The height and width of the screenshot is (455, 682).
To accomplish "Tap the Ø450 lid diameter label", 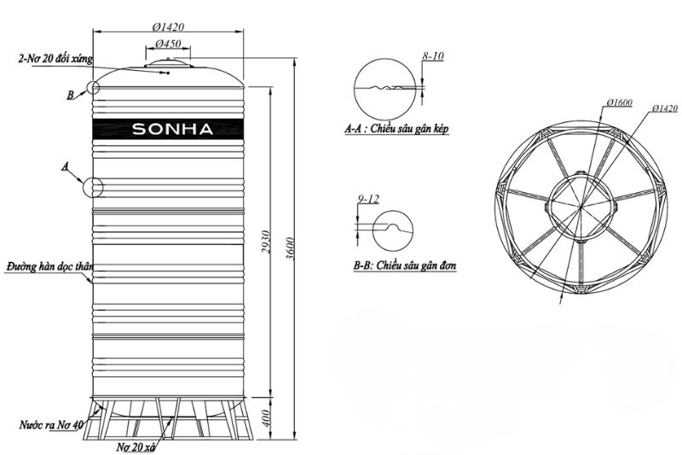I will click(167, 44).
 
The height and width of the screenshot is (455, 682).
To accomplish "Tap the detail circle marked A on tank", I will click(93, 187).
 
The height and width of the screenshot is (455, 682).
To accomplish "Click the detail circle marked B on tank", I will click(94, 88).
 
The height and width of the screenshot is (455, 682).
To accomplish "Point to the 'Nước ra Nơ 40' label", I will click(50, 424).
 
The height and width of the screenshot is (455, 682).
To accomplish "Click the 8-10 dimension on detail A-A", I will click(432, 57).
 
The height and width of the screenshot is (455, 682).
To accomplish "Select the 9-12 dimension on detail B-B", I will click(369, 200).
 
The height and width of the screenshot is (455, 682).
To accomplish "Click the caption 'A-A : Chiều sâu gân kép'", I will click(396, 130).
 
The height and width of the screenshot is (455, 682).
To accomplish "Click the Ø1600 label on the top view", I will click(620, 102).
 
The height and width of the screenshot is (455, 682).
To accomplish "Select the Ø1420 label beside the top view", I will click(662, 108).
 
